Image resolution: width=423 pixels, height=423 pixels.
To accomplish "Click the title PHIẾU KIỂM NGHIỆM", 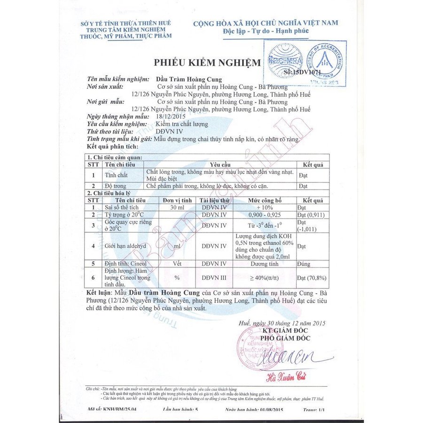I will click(207, 63).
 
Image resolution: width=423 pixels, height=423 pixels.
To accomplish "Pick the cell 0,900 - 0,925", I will click(266, 214).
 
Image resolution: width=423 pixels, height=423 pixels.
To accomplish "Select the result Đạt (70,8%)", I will click(312, 278).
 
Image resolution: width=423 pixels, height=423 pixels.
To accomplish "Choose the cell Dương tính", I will click(266, 264).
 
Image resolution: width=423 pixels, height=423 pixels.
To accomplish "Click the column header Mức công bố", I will click(266, 200).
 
